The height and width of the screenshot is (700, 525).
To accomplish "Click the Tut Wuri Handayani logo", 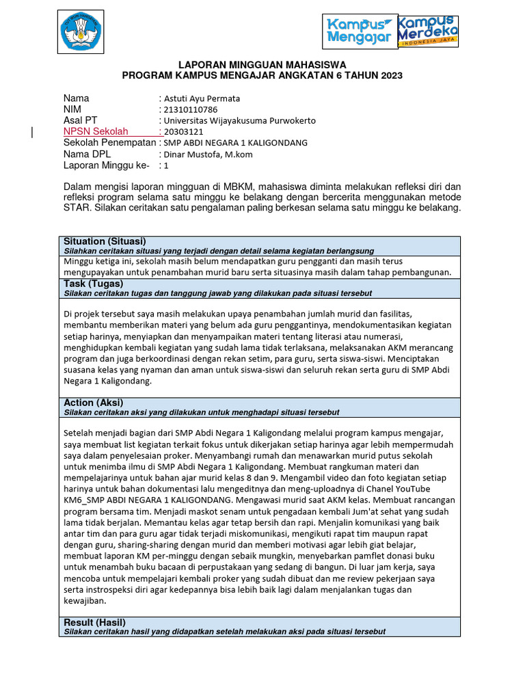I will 81,32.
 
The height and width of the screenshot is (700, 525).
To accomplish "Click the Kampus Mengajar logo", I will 359,31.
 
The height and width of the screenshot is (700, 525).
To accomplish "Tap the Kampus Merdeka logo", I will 428,30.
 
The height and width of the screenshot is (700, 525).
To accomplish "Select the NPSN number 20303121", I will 183,131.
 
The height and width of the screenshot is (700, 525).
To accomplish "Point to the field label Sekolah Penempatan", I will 109,142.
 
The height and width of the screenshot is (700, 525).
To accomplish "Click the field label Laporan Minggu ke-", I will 106,165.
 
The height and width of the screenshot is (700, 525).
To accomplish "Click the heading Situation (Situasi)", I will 104,241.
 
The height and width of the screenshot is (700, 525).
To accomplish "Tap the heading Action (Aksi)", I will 94,403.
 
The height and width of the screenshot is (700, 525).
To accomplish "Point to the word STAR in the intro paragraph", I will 79,207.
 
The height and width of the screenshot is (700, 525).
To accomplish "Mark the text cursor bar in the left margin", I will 32,133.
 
